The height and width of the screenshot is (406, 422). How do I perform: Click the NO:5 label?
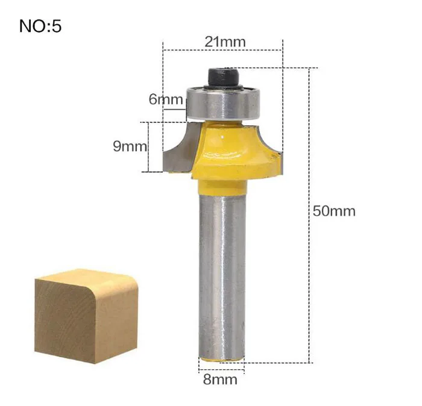click(x=40, y=27)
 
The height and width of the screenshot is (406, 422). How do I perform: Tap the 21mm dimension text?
click(x=225, y=42)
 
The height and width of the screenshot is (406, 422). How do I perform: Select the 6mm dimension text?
click(x=166, y=99)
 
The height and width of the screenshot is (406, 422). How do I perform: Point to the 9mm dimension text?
click(x=130, y=146)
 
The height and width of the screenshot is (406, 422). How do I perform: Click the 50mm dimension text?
click(x=334, y=211)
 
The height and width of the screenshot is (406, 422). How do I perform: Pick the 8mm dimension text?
click(x=220, y=379)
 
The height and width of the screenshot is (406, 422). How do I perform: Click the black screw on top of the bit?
click(x=224, y=78)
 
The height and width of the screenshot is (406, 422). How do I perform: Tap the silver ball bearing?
click(x=223, y=103)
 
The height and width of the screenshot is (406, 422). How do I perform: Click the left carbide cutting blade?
click(x=180, y=151)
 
